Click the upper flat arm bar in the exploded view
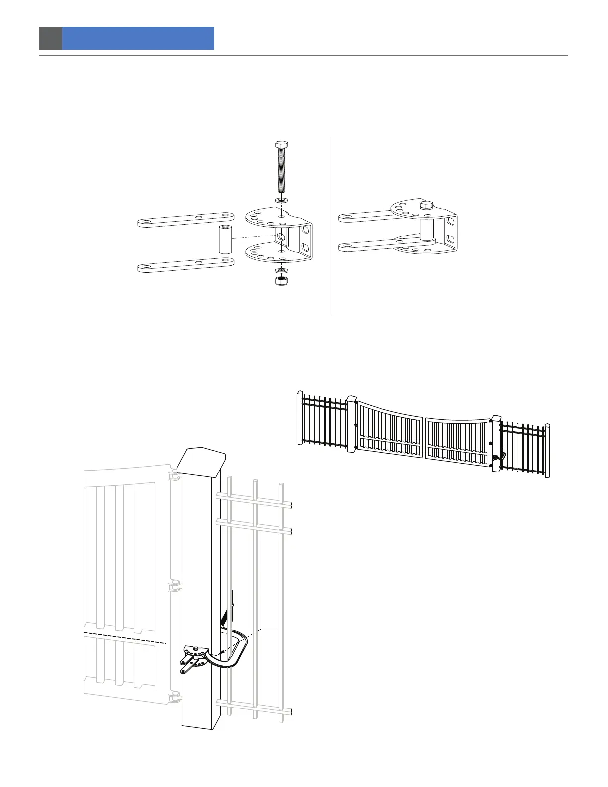(185, 220)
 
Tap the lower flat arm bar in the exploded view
(185, 264)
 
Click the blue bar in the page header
(138, 38)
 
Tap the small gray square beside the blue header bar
(50, 38)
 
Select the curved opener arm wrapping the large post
(238, 651)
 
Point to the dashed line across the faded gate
(124, 638)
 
